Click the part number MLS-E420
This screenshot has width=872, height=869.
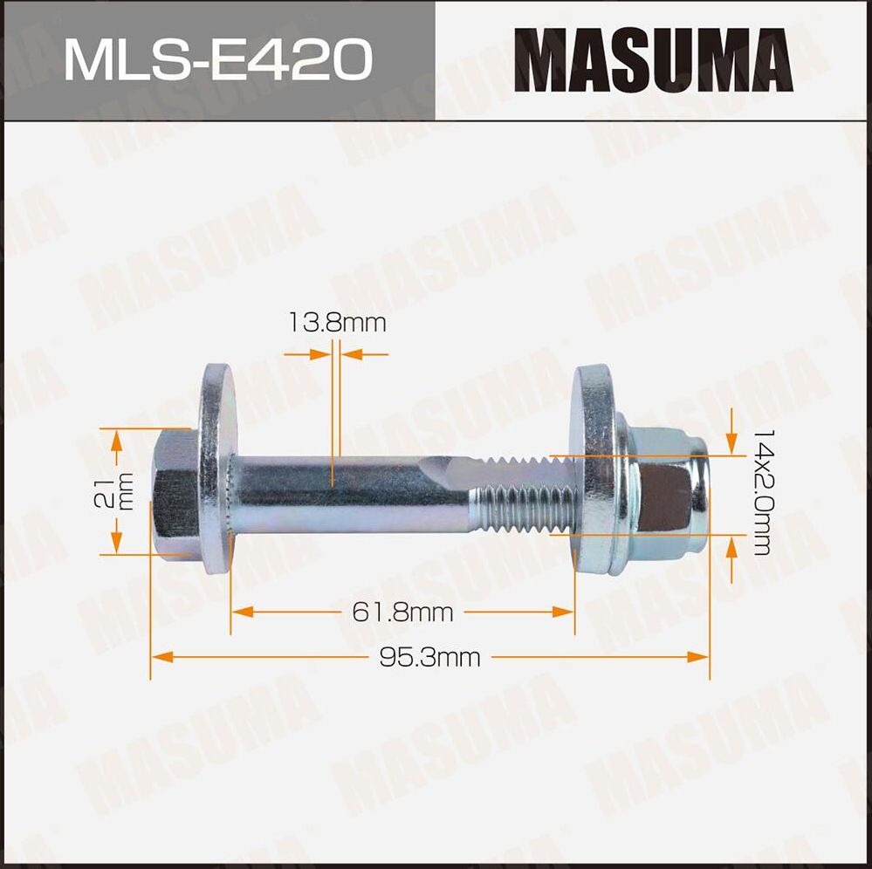217,59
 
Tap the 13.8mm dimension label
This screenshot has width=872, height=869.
337,324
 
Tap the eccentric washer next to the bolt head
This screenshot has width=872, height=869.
215,469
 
